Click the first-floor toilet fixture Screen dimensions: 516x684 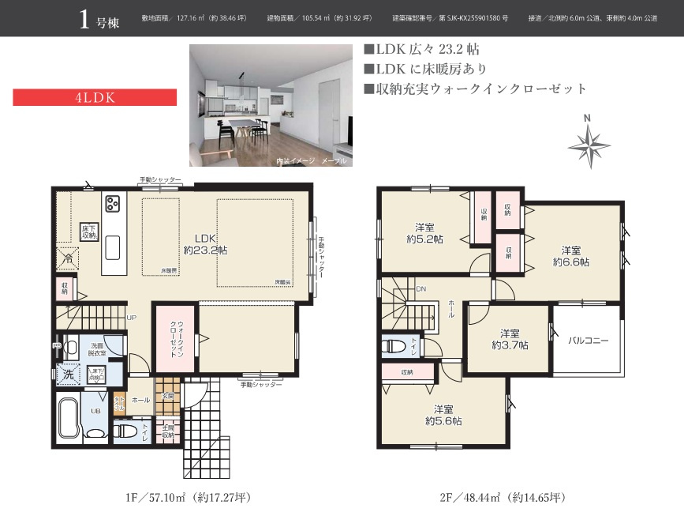click(x=126, y=431)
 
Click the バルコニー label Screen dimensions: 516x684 click(x=589, y=341)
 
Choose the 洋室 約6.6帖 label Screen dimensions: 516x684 click(x=570, y=254)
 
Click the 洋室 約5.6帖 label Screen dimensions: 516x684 click(x=443, y=415)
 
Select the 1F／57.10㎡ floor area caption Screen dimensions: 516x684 click(x=188, y=498)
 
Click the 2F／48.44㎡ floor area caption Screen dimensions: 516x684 click(x=503, y=498)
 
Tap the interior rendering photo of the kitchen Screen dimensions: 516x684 click(x=271, y=106)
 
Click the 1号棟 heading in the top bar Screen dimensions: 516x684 click(x=99, y=19)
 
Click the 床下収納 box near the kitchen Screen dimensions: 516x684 click(x=89, y=231)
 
